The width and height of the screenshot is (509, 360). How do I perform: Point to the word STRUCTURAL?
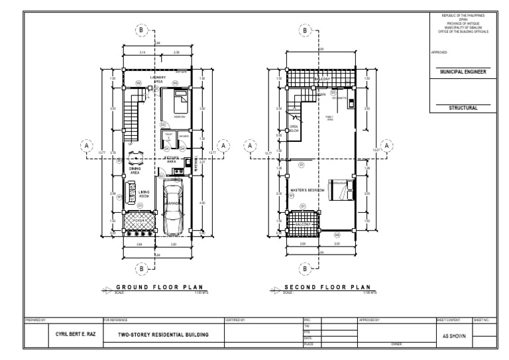coord(462,107)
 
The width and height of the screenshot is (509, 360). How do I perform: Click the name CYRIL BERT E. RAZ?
coord(74,334)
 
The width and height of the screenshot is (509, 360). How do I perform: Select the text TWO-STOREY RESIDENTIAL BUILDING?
coord(163,335)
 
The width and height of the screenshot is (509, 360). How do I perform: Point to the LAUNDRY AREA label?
coord(158,79)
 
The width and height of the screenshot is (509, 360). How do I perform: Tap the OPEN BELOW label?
coord(294,128)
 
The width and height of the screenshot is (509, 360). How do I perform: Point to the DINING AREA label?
coord(135,170)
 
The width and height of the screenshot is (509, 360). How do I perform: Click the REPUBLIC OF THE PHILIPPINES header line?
coord(463,15)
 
